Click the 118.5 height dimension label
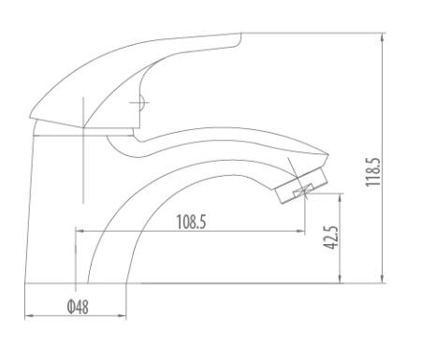(373, 172)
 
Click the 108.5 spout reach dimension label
(191, 222)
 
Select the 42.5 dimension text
(331, 238)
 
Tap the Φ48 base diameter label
(78, 307)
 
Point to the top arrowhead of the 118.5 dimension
(383, 36)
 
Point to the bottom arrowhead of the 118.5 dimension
(383, 279)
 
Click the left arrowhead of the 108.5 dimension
(80, 231)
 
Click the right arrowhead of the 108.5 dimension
(300, 231)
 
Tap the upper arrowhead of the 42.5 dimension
(341, 197)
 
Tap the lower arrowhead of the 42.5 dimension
(341, 279)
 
